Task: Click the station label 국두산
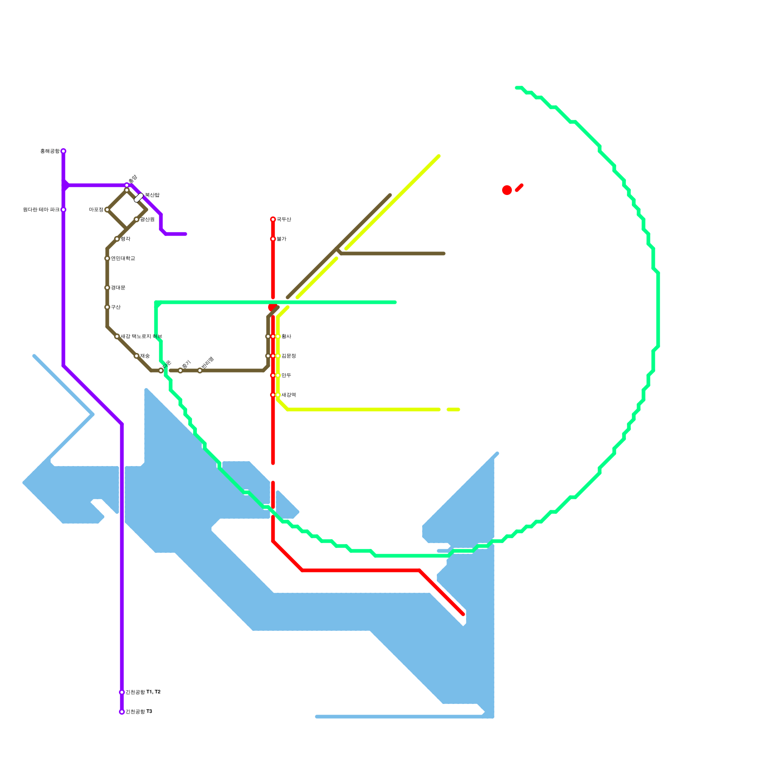click(x=284, y=219)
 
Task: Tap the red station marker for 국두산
click(x=273, y=219)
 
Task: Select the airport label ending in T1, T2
click(x=143, y=692)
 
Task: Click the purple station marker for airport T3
click(x=122, y=712)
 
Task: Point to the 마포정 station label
click(x=96, y=210)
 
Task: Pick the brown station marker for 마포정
click(x=107, y=210)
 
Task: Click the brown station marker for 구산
click(x=107, y=307)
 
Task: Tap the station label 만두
click(x=286, y=375)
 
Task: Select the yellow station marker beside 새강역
click(x=278, y=395)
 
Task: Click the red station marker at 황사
click(x=273, y=336)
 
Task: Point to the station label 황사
click(x=286, y=336)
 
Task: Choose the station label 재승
click(x=145, y=356)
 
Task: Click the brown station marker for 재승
click(x=136, y=356)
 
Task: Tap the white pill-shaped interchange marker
click(x=139, y=197)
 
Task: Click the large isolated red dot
click(x=507, y=190)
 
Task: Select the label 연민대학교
click(x=123, y=258)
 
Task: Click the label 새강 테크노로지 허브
click(x=141, y=336)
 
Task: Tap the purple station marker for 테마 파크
click(x=63, y=210)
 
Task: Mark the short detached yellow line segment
click(x=453, y=409)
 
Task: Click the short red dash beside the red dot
click(x=519, y=188)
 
